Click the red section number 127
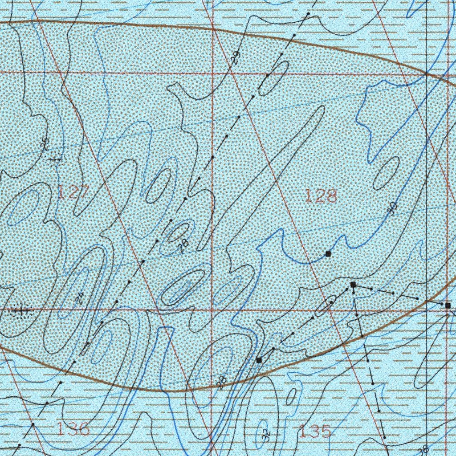click(x=74, y=193)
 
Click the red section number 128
click(x=321, y=196)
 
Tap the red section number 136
click(x=73, y=429)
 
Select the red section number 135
click(x=315, y=431)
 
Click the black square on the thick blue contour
click(x=328, y=254)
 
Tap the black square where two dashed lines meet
click(x=353, y=284)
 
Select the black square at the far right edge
click(x=448, y=305)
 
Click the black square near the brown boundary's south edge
click(x=260, y=360)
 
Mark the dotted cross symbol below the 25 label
click(x=56, y=159)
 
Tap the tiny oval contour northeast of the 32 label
click(x=292, y=396)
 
